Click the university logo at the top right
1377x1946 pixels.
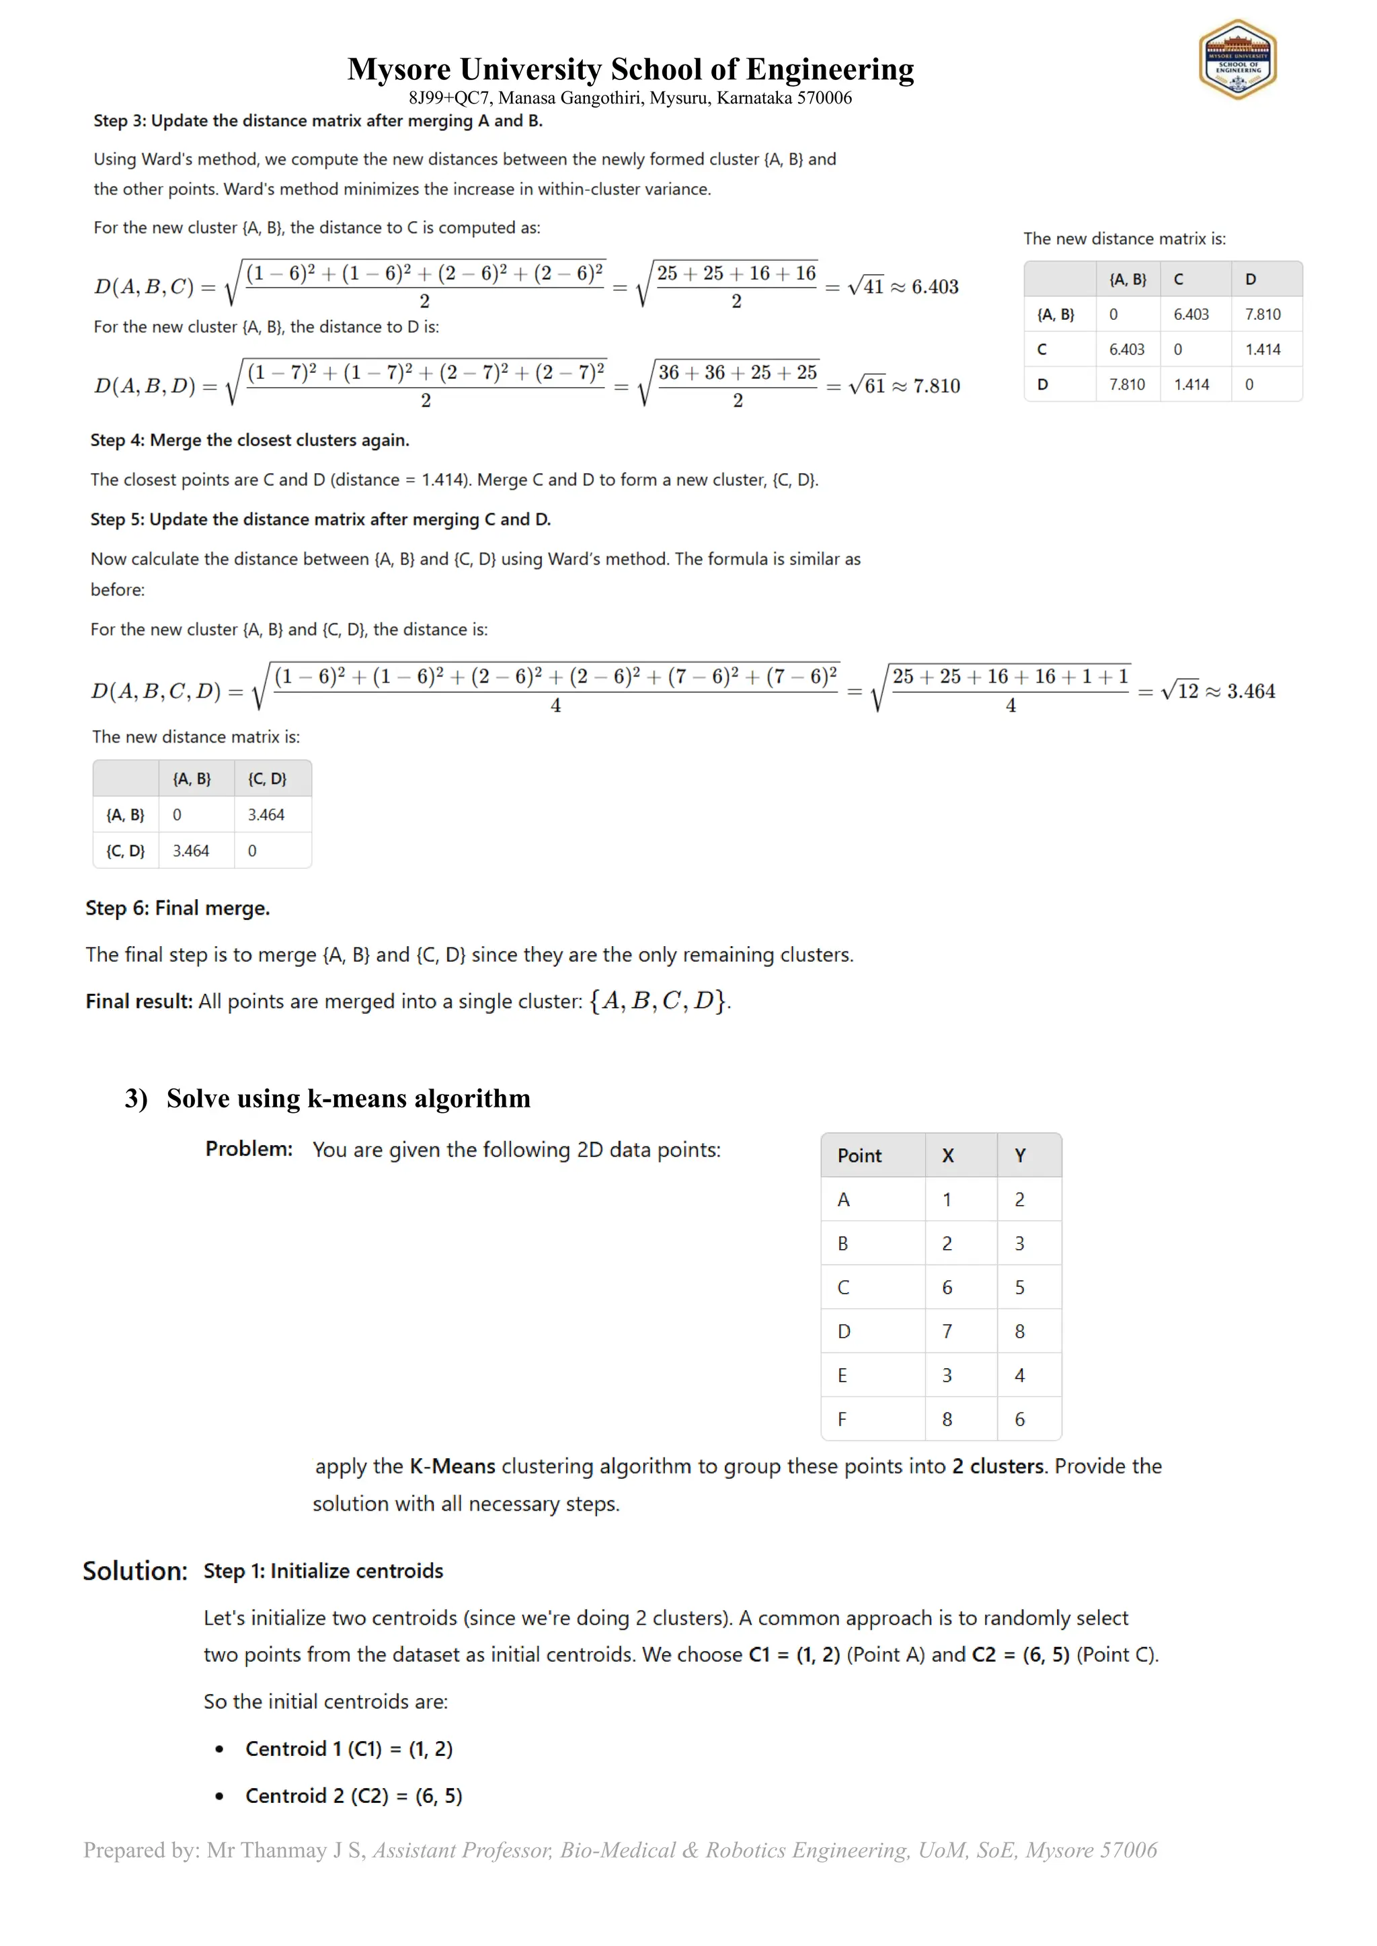tap(1237, 59)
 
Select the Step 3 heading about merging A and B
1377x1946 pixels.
tap(318, 120)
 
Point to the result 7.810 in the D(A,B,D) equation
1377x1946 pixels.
tap(936, 386)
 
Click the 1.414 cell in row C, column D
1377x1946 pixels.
tap(1263, 349)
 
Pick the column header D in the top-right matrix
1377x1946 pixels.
tap(1251, 279)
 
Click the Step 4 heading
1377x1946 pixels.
tap(250, 440)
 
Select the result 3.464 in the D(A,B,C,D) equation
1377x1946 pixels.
tap(1251, 691)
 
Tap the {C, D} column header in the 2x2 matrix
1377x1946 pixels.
tap(267, 779)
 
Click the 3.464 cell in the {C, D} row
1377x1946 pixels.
tap(191, 851)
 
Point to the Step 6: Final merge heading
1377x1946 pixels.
tap(178, 908)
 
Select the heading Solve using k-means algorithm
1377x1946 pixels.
tap(348, 1099)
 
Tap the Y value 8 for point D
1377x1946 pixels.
tap(1019, 1332)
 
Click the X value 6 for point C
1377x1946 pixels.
tap(947, 1287)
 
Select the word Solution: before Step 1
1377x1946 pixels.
tap(135, 1571)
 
